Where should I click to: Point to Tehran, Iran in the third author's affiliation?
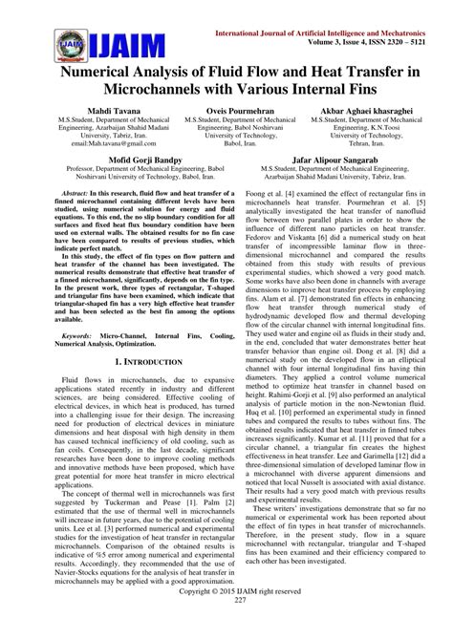pos(369,163)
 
